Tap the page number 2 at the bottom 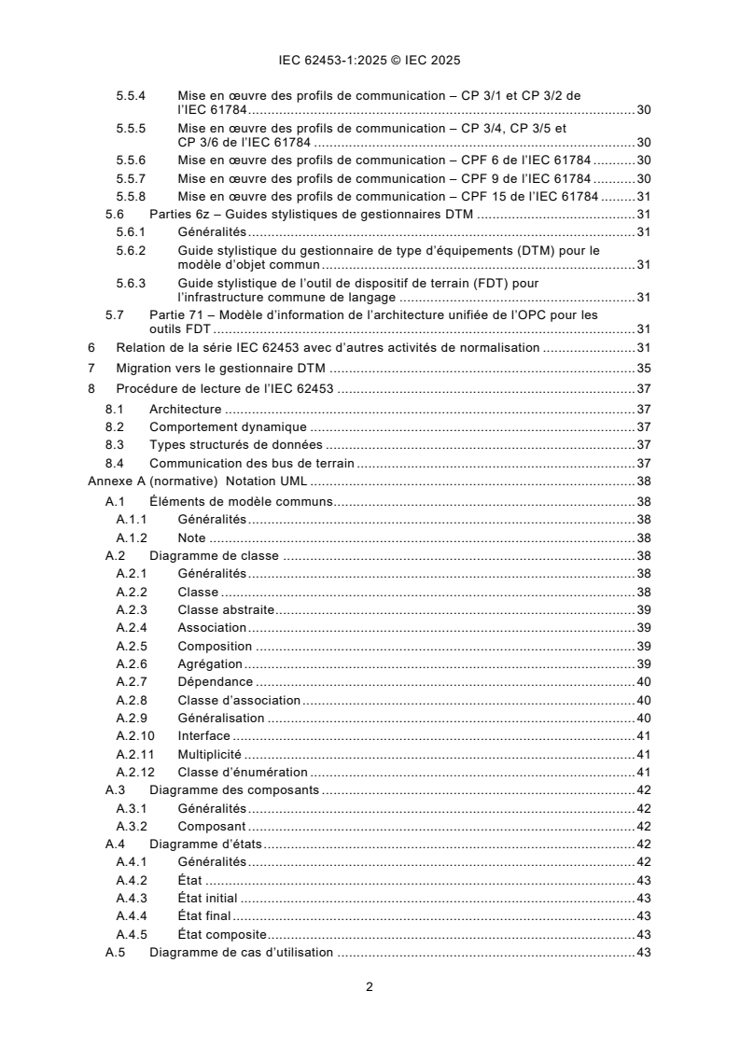(370, 986)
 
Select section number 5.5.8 (132, 196)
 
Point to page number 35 (643, 368)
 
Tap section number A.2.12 (135, 772)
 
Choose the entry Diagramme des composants (234, 789)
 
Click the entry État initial (207, 898)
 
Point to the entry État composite (222, 934)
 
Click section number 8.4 (115, 463)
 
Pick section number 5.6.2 (132, 251)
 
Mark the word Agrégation (210, 663)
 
